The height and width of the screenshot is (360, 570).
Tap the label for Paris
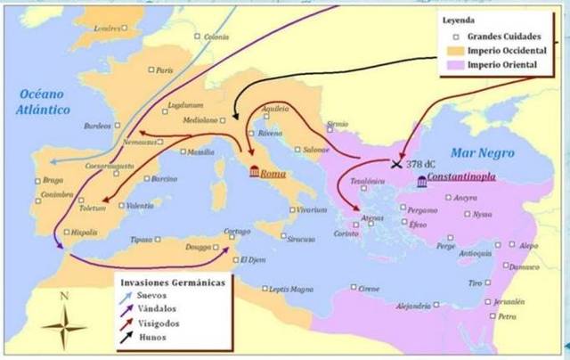tap(163, 70)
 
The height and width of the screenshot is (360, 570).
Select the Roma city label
tap(273, 174)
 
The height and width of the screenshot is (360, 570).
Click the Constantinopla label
tap(460, 178)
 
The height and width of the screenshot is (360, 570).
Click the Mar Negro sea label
tap(483, 153)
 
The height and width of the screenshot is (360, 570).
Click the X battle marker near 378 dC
tap(397, 163)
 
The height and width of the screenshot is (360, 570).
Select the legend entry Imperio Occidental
tap(509, 52)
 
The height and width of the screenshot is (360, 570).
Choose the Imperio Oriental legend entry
tap(503, 66)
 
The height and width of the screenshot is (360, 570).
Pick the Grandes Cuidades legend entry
tap(509, 37)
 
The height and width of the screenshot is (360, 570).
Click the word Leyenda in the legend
tap(457, 20)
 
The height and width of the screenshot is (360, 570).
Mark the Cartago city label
tap(236, 233)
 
